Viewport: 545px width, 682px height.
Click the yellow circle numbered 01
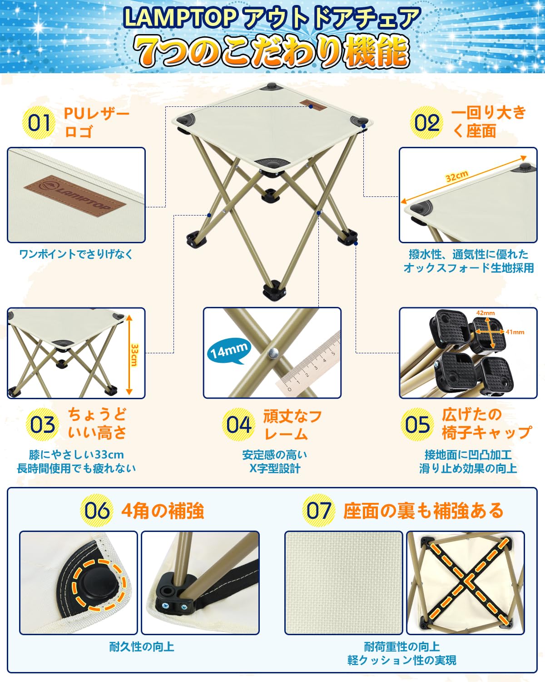click(39, 123)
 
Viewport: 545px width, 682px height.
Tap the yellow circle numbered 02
click(426, 123)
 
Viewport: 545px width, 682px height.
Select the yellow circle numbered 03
click(42, 425)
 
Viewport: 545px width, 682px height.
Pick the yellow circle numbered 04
click(238, 425)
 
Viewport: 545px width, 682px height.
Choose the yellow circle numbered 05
click(417, 425)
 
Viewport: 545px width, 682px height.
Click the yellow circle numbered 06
click(96, 510)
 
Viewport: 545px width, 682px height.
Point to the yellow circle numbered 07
click(318, 510)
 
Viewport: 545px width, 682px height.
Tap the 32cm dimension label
click(456, 176)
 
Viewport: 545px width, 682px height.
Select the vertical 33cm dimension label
click(134, 355)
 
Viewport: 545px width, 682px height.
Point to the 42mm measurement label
click(486, 313)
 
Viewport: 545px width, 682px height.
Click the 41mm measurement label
click(515, 332)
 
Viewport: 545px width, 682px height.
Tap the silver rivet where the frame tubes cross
click(272, 352)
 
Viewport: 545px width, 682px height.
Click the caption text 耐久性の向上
click(142, 647)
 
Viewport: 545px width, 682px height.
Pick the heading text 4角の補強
click(163, 511)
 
